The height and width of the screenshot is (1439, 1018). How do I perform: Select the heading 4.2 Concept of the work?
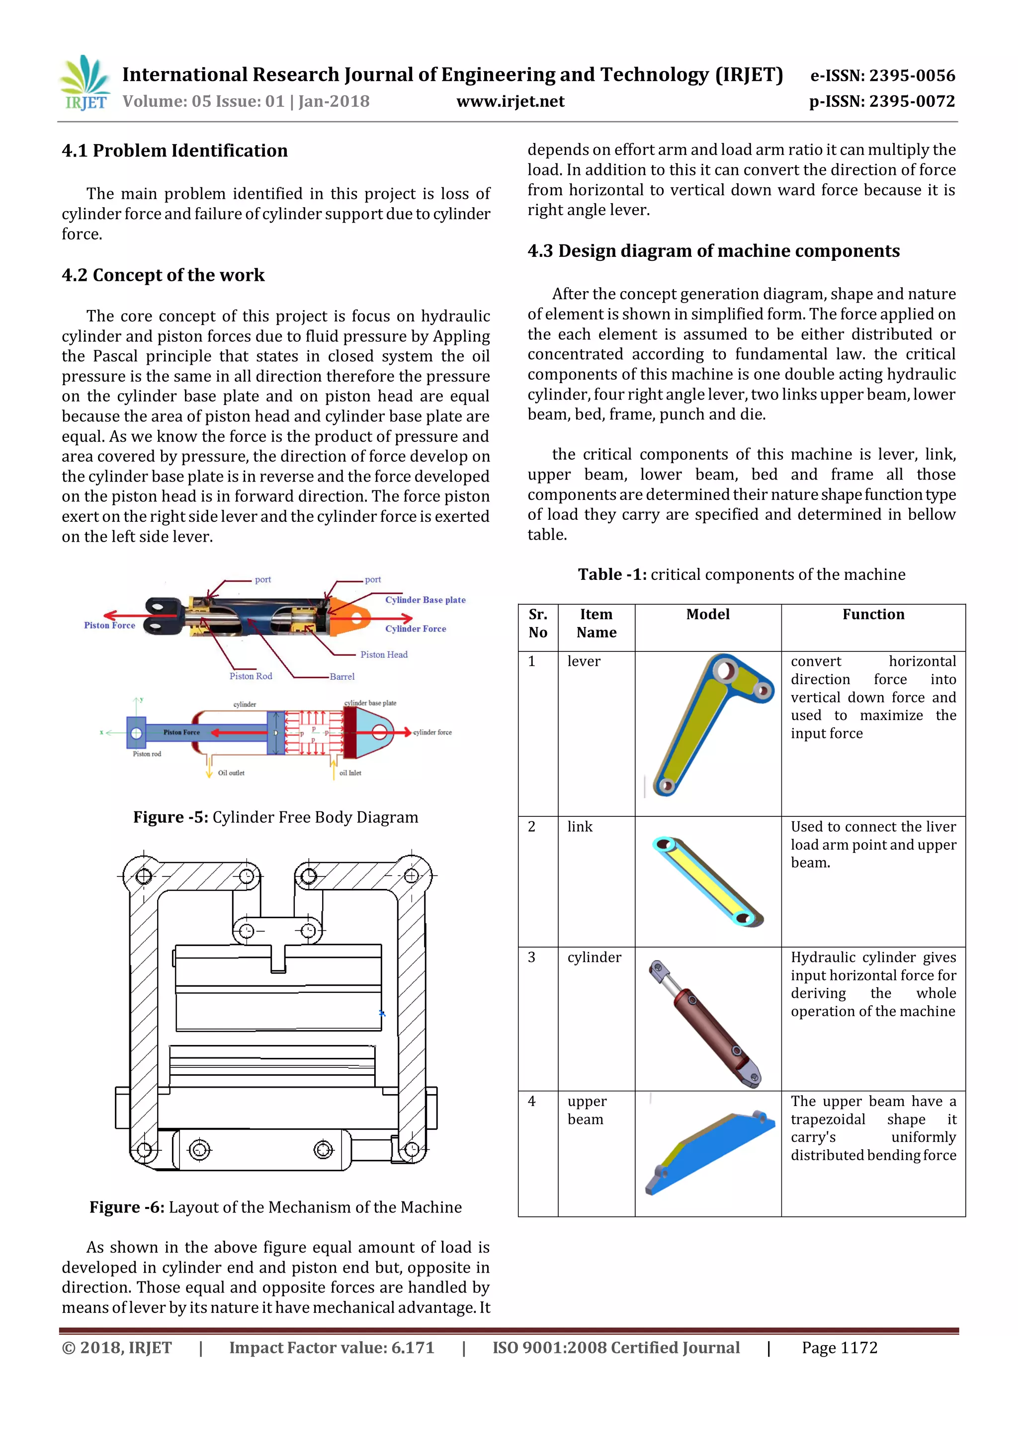pos(163,275)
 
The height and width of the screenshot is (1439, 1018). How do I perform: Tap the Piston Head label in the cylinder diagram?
pos(384,654)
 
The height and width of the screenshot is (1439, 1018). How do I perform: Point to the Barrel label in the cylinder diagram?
pos(342,677)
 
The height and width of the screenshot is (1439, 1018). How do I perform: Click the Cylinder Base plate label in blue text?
pos(425,600)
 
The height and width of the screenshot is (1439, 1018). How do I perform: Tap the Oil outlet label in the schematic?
pos(231,773)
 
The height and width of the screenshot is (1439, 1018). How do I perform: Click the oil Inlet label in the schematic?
pos(350,773)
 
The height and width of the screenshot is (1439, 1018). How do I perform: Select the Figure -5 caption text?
pos(275,817)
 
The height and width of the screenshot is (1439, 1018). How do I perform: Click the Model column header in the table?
pos(708,614)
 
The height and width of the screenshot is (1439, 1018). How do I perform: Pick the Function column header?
pos(873,614)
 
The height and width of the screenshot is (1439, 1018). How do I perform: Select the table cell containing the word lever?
pos(584,661)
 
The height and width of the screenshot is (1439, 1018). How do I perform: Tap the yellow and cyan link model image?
pos(708,880)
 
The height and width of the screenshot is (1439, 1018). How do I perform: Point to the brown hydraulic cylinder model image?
pos(705,1023)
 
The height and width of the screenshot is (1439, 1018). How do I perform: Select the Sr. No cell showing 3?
pos(531,957)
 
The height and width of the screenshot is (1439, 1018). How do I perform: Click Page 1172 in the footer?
pos(840,1348)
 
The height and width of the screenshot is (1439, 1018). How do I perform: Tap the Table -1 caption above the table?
pos(741,575)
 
